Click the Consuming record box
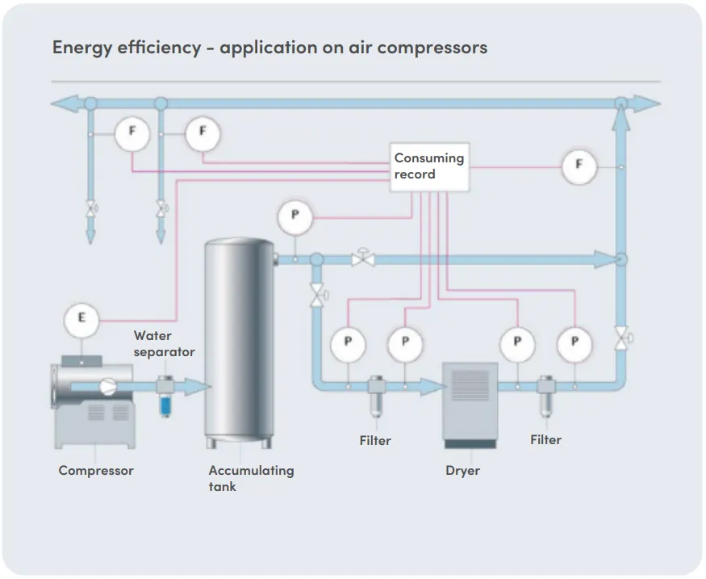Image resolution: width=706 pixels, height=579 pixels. coord(428,167)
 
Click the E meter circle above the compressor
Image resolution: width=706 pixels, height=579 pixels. coord(81,318)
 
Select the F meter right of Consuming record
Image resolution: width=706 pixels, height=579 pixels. coord(579,167)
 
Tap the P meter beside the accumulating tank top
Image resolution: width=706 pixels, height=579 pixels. coord(295,216)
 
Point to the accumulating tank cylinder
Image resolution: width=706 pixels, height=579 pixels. coord(240,339)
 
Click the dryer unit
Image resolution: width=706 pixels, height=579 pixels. coord(469,404)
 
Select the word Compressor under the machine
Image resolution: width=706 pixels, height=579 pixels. coord(96,470)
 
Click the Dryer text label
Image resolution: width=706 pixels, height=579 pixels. coord(462,470)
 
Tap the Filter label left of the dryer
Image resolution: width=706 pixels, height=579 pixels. coord(375,440)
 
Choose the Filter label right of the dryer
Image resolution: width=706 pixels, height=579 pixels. coord(545,439)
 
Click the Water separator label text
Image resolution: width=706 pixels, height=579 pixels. coord(164,343)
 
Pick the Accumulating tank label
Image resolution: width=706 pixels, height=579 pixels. coord(251,478)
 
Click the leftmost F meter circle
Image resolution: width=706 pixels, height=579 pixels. coord(131,133)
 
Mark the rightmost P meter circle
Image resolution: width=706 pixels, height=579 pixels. coord(574,342)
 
